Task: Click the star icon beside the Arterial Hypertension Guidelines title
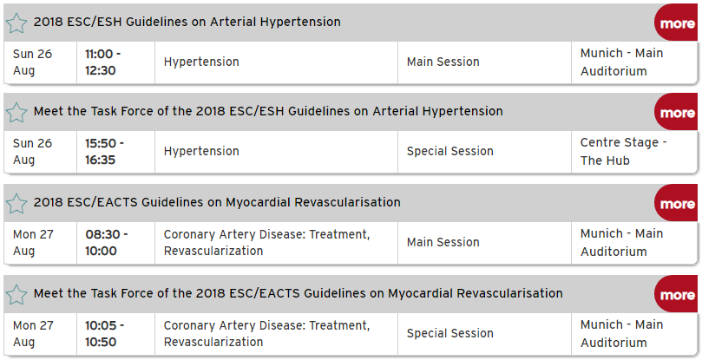16,23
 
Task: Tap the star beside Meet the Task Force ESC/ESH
16,113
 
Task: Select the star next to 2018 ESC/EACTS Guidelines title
16,204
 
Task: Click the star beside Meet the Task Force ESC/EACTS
16,295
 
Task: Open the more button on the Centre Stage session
677,112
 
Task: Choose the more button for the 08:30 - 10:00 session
677,203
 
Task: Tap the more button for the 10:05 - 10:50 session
677,294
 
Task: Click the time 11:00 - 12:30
103,62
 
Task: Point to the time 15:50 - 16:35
105,152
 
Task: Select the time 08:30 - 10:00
107,243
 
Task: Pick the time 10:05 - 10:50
105,334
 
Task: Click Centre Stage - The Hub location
624,151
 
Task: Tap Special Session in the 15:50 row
450,151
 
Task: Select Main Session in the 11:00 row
443,62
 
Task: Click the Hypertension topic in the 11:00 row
201,62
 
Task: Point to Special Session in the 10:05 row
450,334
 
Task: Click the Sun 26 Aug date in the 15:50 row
33,152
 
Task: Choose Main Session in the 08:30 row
443,242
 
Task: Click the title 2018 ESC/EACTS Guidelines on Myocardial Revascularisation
217,202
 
